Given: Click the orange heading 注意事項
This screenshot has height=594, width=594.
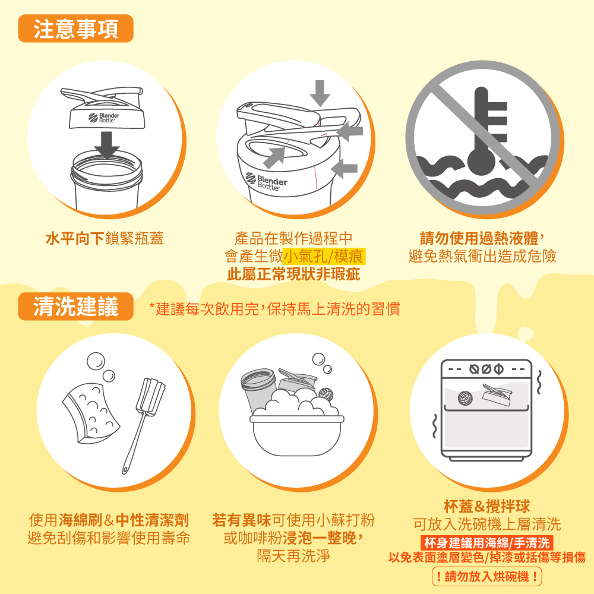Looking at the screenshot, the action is pyautogui.click(x=76, y=29).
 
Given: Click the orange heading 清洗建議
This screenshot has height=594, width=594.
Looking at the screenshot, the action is pyautogui.click(x=76, y=306).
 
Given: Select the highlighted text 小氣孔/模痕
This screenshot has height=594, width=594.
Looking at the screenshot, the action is pyautogui.click(x=324, y=256).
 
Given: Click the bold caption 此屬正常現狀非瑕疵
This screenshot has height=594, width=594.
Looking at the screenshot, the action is pyautogui.click(x=293, y=274).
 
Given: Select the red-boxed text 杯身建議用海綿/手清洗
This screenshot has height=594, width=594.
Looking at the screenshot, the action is pyautogui.click(x=487, y=543).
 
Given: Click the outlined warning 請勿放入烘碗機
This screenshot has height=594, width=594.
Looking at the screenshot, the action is pyautogui.click(x=487, y=577).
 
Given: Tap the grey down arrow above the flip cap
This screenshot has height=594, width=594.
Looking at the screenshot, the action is pyautogui.click(x=320, y=93).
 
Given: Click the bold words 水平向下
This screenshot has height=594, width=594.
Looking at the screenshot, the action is pyautogui.click(x=75, y=238).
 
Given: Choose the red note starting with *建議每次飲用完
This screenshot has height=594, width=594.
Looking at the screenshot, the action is pyautogui.click(x=274, y=309).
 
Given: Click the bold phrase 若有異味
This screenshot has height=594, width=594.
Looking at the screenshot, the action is pyautogui.click(x=242, y=520).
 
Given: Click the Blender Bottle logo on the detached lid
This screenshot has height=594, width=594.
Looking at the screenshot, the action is pyautogui.click(x=104, y=118).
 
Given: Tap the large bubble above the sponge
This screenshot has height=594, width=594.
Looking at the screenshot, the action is pyautogui.click(x=96, y=361).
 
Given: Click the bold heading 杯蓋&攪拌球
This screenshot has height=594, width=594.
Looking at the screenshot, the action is pyautogui.click(x=487, y=506).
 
